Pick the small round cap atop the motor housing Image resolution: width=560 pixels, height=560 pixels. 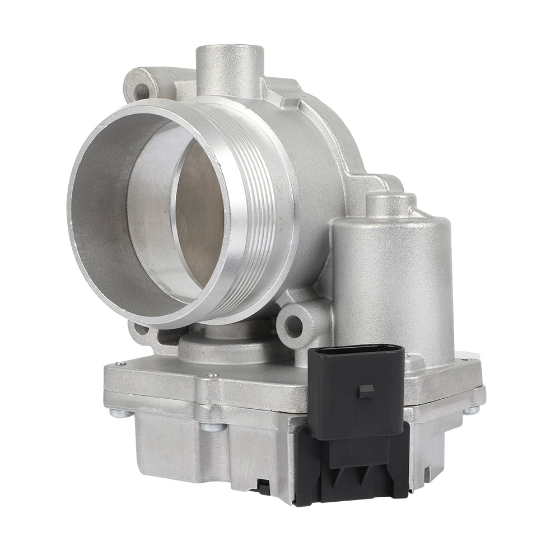pyautogui.click(x=391, y=204)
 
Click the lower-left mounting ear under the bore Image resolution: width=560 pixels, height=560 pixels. pyautogui.click(x=140, y=330)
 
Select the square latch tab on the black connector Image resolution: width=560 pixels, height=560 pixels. pyautogui.click(x=367, y=390)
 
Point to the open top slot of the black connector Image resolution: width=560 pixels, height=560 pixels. pyautogui.click(x=358, y=351)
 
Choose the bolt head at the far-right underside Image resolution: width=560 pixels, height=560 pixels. pyautogui.click(x=472, y=410)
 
